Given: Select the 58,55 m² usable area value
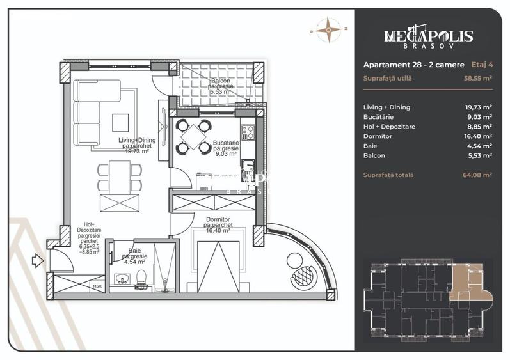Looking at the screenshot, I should point(477,78).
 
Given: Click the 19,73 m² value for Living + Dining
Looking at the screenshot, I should point(478,107).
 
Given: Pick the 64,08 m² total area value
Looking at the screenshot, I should point(477,175).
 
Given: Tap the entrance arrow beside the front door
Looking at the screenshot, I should point(38,260).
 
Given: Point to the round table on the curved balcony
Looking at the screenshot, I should point(296,261).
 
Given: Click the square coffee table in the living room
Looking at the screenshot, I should point(120,122).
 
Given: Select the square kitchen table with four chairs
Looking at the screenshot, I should point(193,136).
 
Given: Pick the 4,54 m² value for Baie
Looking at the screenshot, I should point(479,146).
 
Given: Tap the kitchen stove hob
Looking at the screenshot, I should point(249,134).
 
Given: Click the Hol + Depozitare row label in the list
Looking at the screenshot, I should point(388,127).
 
